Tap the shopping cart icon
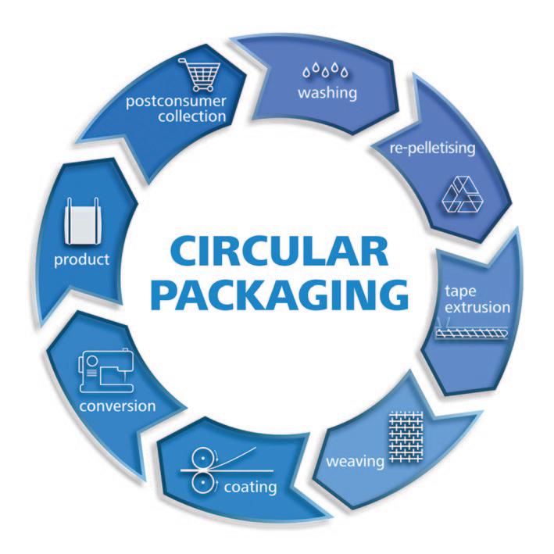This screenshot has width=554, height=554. pyautogui.click(x=201, y=76)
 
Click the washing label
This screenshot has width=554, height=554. pyautogui.click(x=327, y=94)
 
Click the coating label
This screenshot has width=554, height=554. pyautogui.click(x=250, y=488)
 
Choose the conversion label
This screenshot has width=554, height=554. pyautogui.click(x=117, y=406)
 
